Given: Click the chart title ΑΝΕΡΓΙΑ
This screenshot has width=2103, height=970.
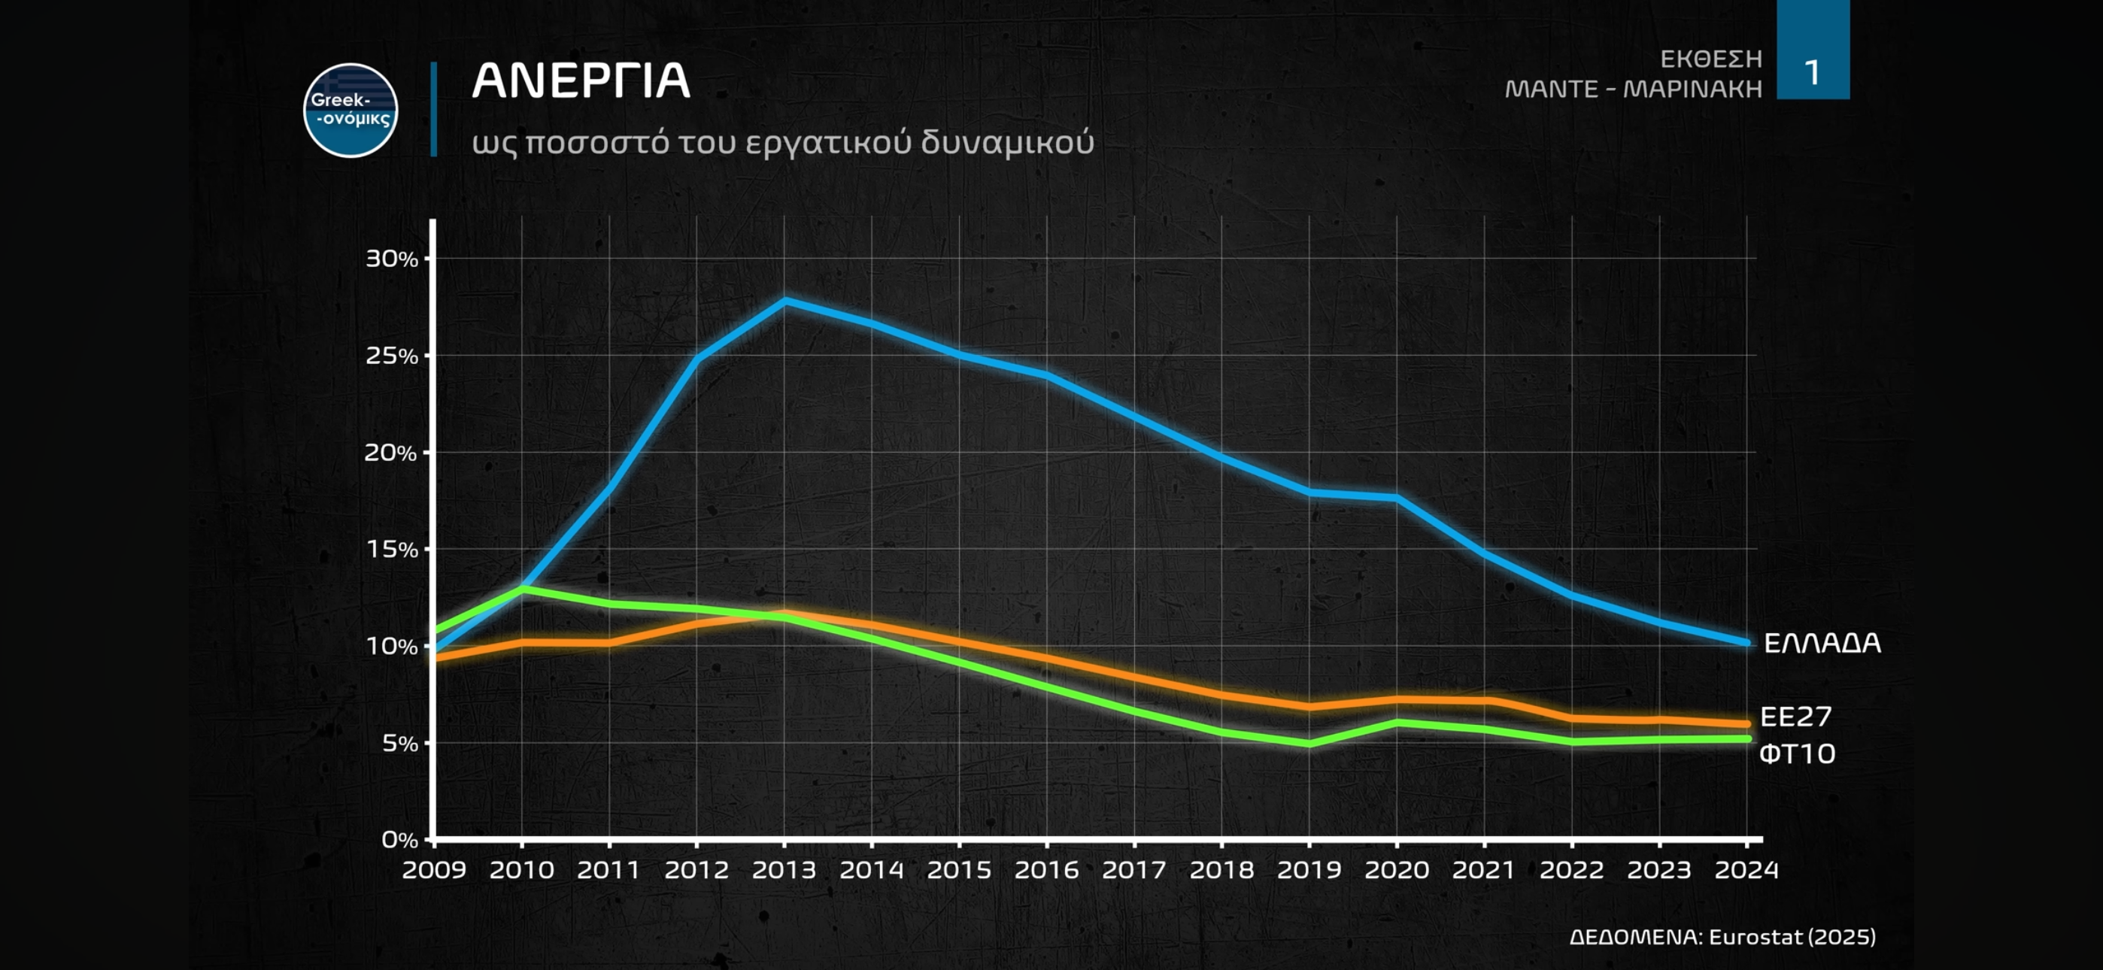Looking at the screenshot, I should pos(581,81).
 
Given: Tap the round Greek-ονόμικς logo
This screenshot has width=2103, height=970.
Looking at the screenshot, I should pos(350,111).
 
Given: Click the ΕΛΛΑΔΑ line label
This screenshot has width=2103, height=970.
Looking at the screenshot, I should pos(1822,644).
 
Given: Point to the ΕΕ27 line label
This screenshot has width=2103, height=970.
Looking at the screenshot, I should pos(1795,717).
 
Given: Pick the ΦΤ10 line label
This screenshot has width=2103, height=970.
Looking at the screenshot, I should pos(1796,753).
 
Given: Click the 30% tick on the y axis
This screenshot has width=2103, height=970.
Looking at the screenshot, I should pos(391,259).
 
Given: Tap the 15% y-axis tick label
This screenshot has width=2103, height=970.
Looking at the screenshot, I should pos(391,550).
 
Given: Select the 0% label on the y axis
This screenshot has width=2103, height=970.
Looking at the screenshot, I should pos(399,839).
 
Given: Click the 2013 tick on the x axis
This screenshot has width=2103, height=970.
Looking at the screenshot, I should pos(784,869).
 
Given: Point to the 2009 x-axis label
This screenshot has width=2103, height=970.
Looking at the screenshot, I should pos(433,869).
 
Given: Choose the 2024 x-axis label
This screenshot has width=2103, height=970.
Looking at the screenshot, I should pos(1746,869).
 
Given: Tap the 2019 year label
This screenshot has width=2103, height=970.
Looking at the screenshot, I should pos(1309,869).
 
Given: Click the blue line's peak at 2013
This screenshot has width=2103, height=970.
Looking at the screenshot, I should pos(784,300).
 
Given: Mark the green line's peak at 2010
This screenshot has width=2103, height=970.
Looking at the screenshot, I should pos(522,588).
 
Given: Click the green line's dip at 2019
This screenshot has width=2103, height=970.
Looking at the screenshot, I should pos(1309,744).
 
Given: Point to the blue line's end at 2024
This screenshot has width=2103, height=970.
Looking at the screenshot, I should pos(1746,643).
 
